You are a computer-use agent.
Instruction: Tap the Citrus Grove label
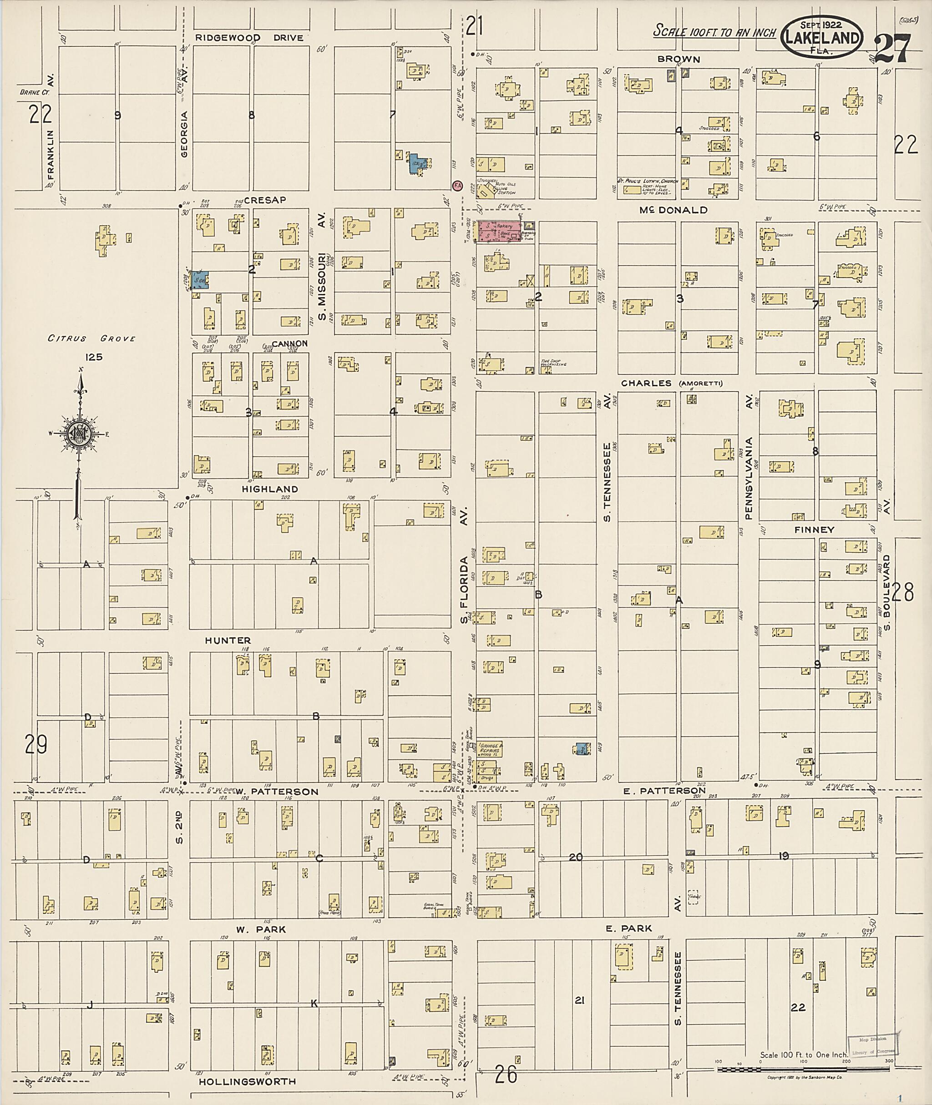(92, 338)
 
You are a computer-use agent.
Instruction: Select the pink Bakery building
(500, 232)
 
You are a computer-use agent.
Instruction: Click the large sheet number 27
(892, 48)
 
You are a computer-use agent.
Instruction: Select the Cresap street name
(265, 200)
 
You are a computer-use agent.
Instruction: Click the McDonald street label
(673, 210)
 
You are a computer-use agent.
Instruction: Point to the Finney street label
(814, 529)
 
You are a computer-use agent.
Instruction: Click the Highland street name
(270, 489)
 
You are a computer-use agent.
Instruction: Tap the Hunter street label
(228, 640)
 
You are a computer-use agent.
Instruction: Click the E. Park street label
(629, 928)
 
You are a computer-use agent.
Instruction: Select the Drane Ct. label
(34, 92)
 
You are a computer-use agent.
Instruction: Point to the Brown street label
(679, 59)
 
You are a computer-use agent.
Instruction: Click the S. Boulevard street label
(887, 592)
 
